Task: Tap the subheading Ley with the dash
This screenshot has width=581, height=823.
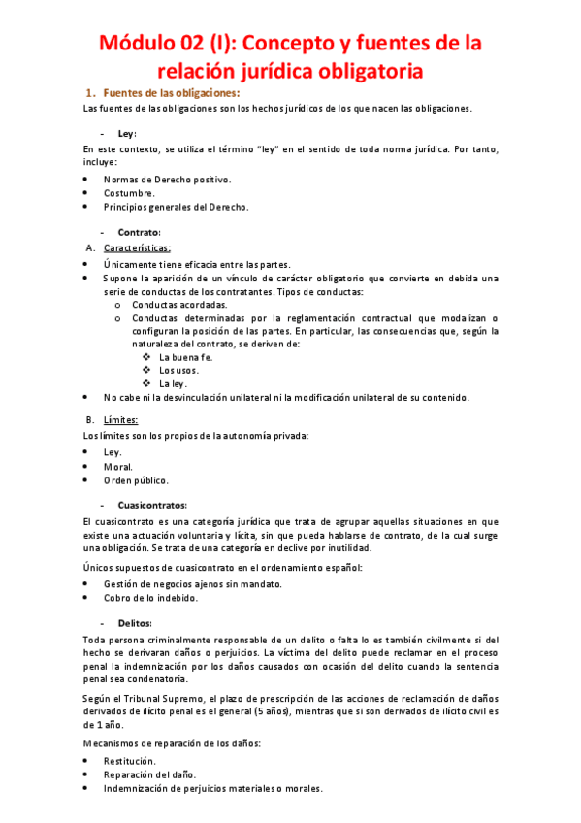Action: tap(127, 134)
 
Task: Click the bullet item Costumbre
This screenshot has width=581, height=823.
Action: tap(129, 193)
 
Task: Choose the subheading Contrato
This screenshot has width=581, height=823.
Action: tap(139, 233)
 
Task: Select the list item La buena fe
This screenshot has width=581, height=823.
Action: tap(185, 357)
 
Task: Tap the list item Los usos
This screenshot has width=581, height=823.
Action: tap(179, 371)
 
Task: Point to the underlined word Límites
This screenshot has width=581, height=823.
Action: tap(121, 420)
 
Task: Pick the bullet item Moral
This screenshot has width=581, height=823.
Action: tap(118, 467)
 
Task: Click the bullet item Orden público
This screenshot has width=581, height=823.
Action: tap(136, 480)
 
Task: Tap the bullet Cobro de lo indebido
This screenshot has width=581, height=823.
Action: tap(150, 598)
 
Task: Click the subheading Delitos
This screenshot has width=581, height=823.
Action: tap(136, 623)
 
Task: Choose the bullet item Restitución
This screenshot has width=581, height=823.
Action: tap(131, 761)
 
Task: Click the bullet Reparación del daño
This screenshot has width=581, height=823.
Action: tap(148, 774)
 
